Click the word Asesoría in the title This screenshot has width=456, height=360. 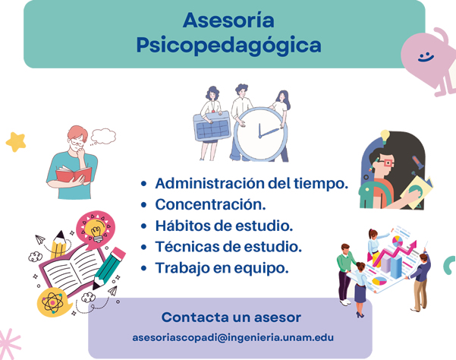pos(228,20)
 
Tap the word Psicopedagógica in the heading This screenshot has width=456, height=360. pos(229,45)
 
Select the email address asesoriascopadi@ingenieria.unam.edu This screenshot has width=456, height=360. pos(233,337)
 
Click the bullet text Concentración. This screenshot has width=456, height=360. pos(211,204)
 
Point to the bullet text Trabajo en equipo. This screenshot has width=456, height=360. pos(222,268)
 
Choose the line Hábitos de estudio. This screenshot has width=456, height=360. pos(224,226)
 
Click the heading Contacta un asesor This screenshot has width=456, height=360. pos(231,317)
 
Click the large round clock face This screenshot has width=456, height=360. pos(260,134)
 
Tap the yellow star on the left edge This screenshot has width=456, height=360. pos(16,142)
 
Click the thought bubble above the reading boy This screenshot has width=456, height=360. pos(102,136)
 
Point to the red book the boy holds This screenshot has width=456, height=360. pos(74,174)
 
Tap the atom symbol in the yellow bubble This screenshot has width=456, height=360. pos(52,303)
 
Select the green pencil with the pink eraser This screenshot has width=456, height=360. pos(109,268)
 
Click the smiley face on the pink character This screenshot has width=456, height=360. pos(426,57)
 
